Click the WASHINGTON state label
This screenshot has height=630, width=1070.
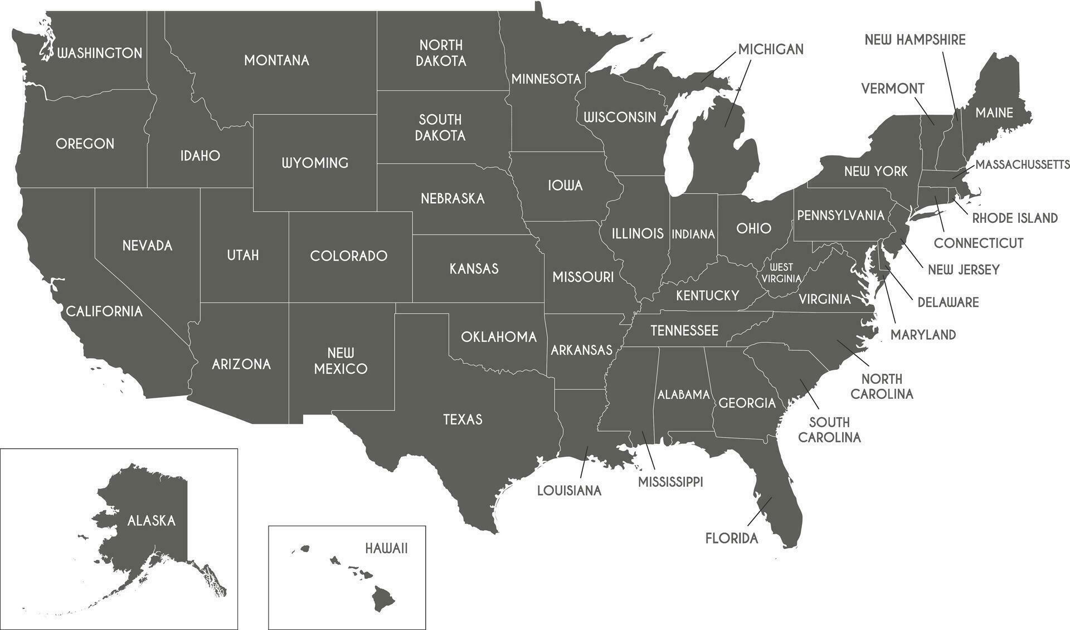(100, 53)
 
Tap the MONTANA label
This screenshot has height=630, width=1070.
(276, 60)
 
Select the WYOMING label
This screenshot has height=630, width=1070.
(315, 163)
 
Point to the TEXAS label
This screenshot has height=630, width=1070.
(463, 419)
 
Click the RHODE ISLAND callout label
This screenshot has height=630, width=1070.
(1015, 218)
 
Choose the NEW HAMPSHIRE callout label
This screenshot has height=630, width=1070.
(915, 40)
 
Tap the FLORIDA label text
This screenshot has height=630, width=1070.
(732, 539)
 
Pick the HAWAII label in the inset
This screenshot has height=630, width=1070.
(387, 549)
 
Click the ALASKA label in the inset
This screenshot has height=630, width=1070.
(152, 521)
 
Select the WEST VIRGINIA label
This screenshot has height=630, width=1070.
(781, 273)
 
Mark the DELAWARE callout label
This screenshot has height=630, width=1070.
(948, 302)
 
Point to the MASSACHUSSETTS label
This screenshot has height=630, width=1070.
(1022, 165)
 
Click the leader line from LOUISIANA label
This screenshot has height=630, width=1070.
(584, 461)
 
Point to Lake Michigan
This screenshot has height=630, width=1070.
(680, 145)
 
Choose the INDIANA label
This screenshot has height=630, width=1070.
(693, 235)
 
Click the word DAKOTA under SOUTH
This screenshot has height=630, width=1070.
(440, 135)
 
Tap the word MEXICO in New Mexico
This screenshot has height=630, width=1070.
(341, 369)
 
